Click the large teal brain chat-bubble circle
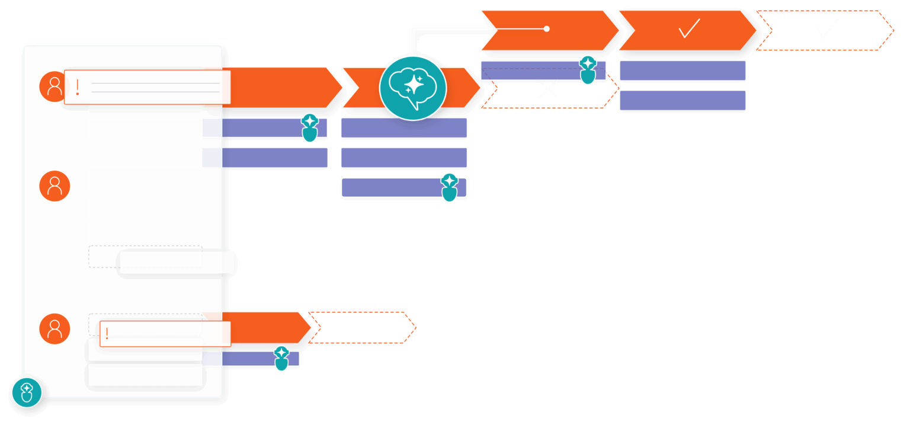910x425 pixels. click(x=413, y=87)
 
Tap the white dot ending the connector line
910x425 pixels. click(x=547, y=28)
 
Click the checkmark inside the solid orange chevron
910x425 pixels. click(x=689, y=28)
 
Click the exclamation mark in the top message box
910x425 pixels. click(x=78, y=87)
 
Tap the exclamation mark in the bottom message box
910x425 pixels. click(x=107, y=333)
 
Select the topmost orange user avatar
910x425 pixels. click(x=55, y=87)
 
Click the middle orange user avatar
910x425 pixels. click(x=55, y=186)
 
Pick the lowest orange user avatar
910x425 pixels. click(x=55, y=329)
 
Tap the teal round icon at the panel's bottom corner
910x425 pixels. click(x=27, y=392)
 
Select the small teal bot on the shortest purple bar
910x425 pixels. click(x=281, y=359)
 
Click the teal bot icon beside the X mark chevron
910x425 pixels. click(x=587, y=70)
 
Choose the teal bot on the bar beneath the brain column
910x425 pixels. click(x=450, y=187)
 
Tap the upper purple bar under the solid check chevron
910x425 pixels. click(x=682, y=71)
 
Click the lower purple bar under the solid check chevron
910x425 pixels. click(x=682, y=101)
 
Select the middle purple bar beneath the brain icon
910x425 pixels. click(x=404, y=158)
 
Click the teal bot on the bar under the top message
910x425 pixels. click(x=310, y=127)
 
